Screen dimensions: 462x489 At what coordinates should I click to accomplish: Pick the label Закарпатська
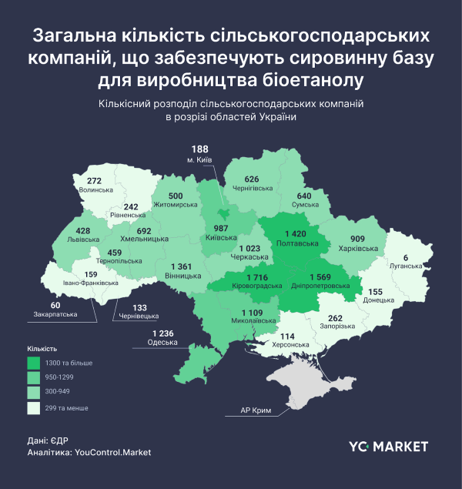55,314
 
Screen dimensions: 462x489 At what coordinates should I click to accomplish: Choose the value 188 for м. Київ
200,149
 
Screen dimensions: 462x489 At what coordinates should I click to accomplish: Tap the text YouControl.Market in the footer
113,453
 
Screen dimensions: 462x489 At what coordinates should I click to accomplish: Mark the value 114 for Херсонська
287,337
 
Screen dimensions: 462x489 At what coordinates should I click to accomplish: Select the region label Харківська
359,250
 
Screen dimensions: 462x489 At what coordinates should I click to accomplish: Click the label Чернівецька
139,316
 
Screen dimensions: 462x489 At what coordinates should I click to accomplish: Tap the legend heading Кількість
42,348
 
